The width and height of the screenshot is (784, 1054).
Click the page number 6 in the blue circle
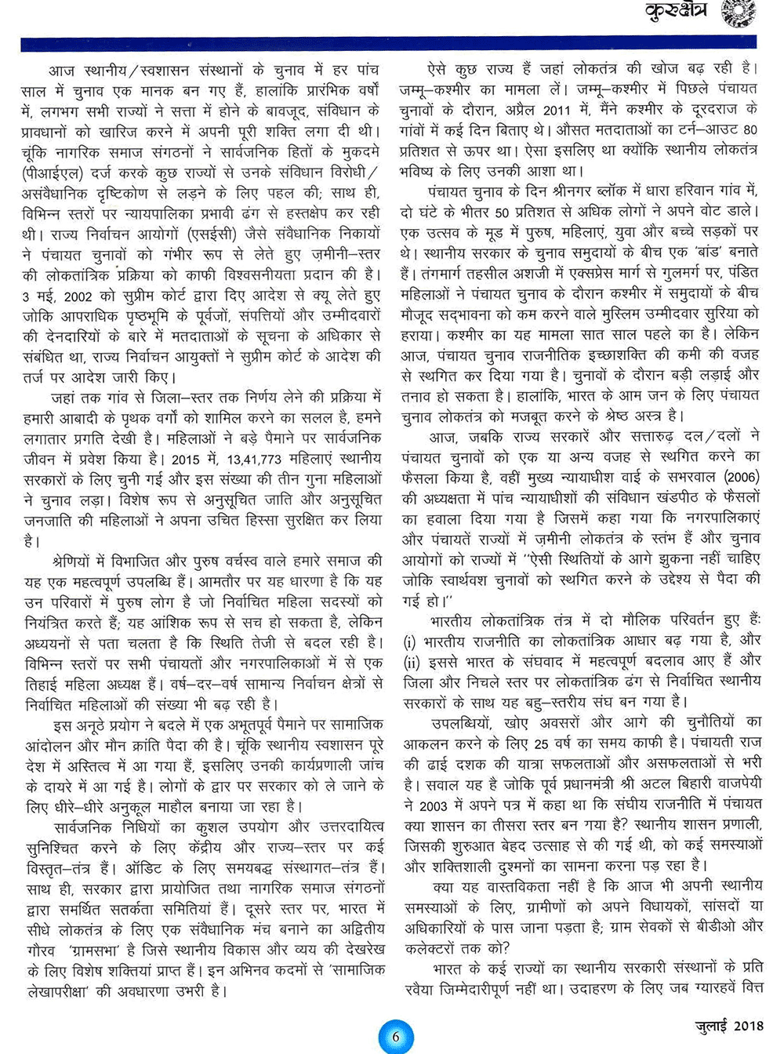(x=395, y=1036)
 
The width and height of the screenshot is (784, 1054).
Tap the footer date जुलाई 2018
(x=728, y=1026)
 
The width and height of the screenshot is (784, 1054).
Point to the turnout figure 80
(x=750, y=129)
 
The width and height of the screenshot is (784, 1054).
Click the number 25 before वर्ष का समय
(x=541, y=743)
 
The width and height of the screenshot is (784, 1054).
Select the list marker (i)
(x=409, y=641)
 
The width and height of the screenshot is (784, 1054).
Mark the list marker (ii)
(x=412, y=661)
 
